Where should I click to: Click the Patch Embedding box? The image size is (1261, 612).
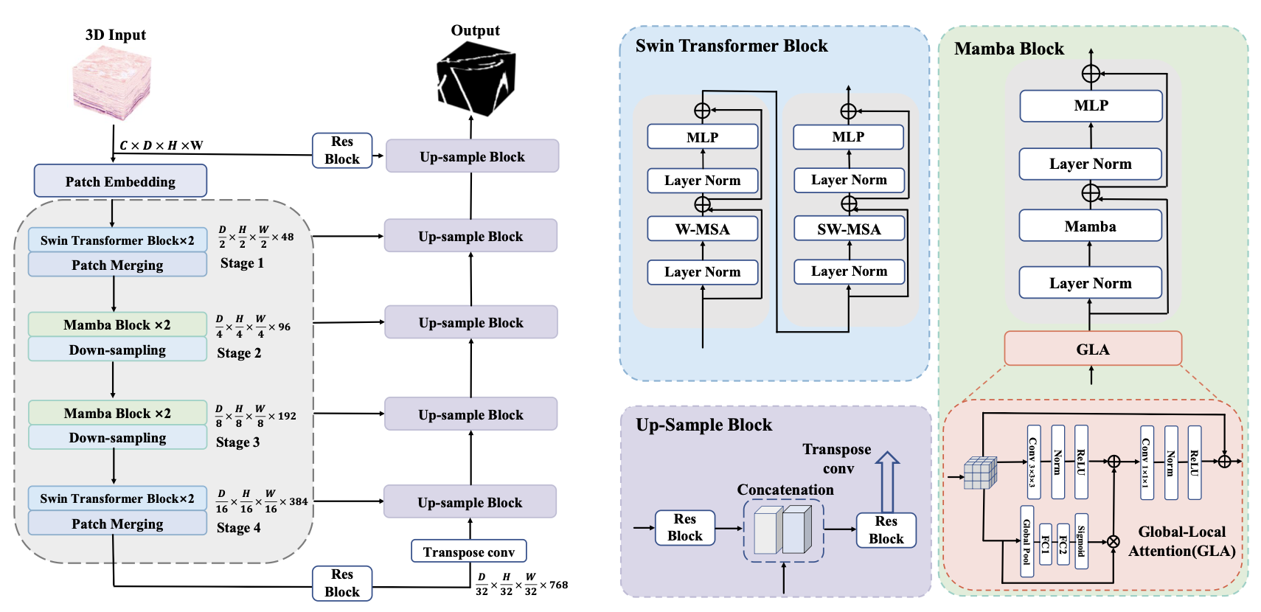(x=120, y=181)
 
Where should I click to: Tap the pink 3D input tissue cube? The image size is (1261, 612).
(x=112, y=83)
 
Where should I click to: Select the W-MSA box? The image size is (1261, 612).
(x=702, y=229)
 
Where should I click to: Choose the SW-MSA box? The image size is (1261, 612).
(x=849, y=229)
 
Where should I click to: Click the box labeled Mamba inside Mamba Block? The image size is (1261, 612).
(x=1090, y=226)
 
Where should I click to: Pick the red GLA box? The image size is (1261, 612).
(x=1092, y=349)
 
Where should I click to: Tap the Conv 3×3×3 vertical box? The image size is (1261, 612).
(x=1033, y=462)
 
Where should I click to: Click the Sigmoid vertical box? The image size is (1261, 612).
(x=1081, y=541)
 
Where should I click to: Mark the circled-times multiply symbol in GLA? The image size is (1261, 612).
(x=1114, y=542)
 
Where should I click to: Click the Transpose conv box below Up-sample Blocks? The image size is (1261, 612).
(x=468, y=552)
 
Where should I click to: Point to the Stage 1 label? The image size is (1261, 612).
(x=242, y=263)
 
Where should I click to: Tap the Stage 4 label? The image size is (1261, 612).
(x=238, y=528)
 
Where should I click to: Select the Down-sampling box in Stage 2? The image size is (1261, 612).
(x=117, y=350)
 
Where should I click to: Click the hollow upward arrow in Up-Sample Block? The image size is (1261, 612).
(x=887, y=481)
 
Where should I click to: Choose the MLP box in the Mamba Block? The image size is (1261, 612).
(x=1091, y=105)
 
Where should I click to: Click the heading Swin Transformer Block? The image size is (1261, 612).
(x=732, y=46)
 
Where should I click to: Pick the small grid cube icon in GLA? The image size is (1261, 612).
(x=980, y=473)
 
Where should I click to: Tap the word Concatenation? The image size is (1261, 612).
(x=785, y=490)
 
